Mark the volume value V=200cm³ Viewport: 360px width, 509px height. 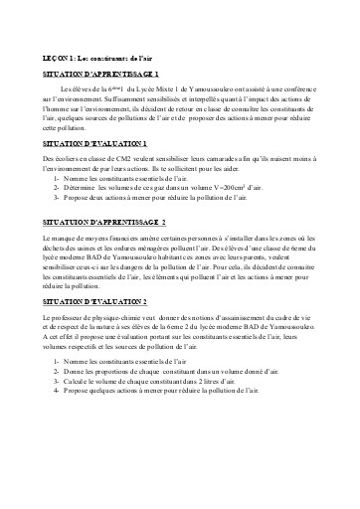pos(258,187)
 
